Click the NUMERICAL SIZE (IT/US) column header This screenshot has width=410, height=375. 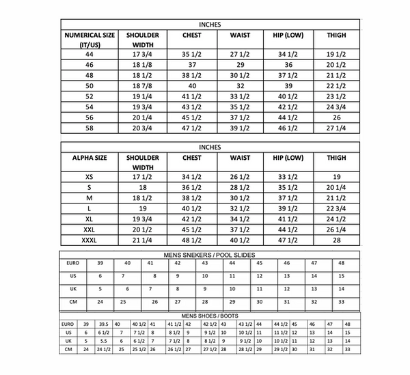pyautogui.click(x=90, y=40)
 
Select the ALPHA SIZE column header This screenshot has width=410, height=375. pyautogui.click(x=90, y=158)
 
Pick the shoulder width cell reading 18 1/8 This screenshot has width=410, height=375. pyautogui.click(x=142, y=64)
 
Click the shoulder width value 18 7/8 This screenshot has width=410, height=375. pyautogui.click(x=142, y=85)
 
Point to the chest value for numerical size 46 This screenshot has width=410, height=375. pyautogui.click(x=191, y=64)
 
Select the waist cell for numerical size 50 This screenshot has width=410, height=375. pyautogui.click(x=239, y=85)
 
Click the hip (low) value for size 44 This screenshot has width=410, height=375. pyautogui.click(x=288, y=53)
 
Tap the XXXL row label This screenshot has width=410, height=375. pyautogui.click(x=90, y=240)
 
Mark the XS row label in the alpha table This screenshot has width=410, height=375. pyautogui.click(x=90, y=176)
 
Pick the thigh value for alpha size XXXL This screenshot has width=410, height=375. pyautogui.click(x=336, y=240)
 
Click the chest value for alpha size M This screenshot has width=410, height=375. pyautogui.click(x=191, y=197)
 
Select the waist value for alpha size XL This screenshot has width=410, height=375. pyautogui.click(x=239, y=219)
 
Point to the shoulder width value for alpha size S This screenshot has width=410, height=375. pyautogui.click(x=142, y=187)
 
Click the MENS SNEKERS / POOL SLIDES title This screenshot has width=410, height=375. pyautogui.click(x=205, y=254)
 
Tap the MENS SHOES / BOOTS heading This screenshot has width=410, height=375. pyautogui.click(x=205, y=316)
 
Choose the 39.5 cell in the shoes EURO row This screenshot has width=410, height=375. pyautogui.click(x=102, y=324)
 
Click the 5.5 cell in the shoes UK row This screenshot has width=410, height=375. pyautogui.click(x=102, y=340)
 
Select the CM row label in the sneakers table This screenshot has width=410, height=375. pyautogui.click(x=72, y=301)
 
